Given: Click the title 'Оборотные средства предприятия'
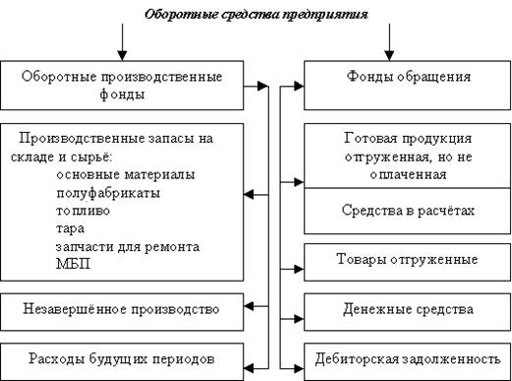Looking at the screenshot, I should [256, 16].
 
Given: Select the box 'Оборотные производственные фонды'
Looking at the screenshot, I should [123, 85].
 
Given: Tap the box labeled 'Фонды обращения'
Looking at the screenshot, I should [407, 76].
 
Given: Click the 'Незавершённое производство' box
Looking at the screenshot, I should [122, 310].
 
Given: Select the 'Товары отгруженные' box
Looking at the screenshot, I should [407, 260].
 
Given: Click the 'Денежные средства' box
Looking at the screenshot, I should [407, 309].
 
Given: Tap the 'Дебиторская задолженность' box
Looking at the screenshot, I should [407, 357].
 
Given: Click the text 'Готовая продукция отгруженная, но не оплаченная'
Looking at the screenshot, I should [407, 156].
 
